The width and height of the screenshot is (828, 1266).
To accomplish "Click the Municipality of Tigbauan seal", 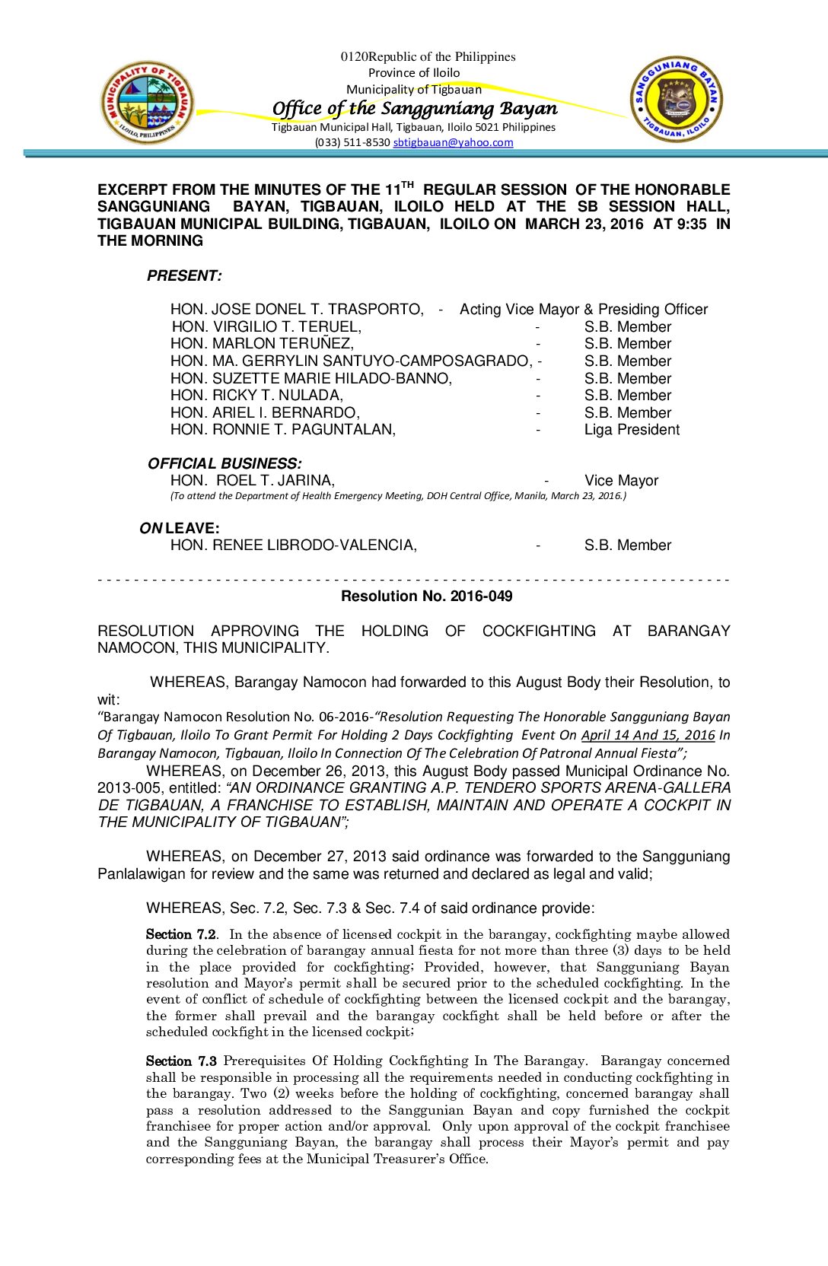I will coord(148,103).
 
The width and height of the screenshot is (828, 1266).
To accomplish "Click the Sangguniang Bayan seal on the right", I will coord(676,100).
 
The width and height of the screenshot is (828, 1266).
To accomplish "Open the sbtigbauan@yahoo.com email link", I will coord(453,142).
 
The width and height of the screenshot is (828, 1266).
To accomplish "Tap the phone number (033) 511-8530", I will coord(352,142).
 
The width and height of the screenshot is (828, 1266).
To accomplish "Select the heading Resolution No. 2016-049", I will coord(426,596).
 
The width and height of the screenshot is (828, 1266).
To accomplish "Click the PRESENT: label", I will coord(184,276).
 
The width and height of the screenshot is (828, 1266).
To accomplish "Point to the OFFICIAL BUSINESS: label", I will coord(225,463).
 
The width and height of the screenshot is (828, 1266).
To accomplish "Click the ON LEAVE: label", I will coord(180,528).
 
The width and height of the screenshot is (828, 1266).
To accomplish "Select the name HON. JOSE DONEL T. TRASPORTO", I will coord(297,310).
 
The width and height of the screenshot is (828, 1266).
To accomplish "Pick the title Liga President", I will coord(632,430).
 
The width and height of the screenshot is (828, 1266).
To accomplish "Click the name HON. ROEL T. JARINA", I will coord(253,481).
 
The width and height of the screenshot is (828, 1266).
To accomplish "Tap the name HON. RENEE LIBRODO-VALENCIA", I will coord(294,546).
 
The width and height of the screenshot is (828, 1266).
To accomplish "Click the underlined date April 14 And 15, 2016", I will coord(648,735).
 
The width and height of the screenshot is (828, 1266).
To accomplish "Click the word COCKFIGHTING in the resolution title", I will coord(539,631).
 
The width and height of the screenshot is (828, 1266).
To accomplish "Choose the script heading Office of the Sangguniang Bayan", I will coord(415,108).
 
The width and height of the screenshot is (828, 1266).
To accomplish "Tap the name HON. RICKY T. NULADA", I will coord(257,396).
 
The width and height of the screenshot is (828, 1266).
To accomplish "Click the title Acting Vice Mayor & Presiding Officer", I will coord(584,310).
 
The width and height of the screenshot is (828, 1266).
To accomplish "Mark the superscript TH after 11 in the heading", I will coord(407,184).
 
